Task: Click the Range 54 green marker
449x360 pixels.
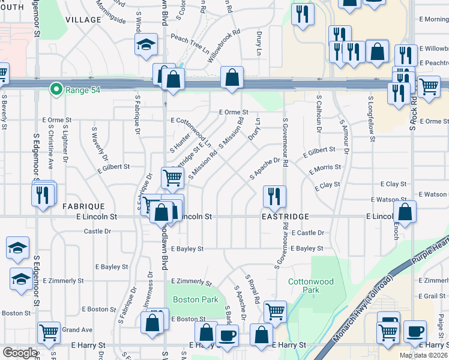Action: tap(56, 89)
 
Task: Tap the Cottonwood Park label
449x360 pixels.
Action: tap(310, 285)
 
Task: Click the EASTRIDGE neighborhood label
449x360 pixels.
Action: tap(285, 216)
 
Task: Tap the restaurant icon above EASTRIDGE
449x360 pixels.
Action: tap(274, 196)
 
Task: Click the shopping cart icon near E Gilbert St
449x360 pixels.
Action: tap(173, 177)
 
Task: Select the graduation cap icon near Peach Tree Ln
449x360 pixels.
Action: tap(146, 45)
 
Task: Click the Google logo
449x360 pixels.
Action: tap(20, 352)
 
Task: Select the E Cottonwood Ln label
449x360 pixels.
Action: tap(191, 133)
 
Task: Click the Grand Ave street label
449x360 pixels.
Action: tap(77, 329)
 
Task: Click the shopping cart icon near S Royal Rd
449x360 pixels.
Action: tap(275, 311)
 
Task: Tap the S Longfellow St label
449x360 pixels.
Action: tap(372, 118)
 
